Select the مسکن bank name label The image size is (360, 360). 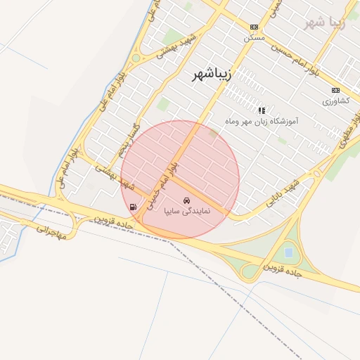coord(254,37)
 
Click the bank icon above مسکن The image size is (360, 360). coord(254,27)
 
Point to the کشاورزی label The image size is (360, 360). coord(335,101)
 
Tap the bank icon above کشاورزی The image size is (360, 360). coord(335,90)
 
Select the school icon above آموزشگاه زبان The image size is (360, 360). coord(262,110)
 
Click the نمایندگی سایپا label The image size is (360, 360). coord(186,210)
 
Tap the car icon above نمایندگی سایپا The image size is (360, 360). coord(186,200)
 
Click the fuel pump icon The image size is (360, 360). coord(133,207)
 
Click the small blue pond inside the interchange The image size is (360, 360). coord(288,251)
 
